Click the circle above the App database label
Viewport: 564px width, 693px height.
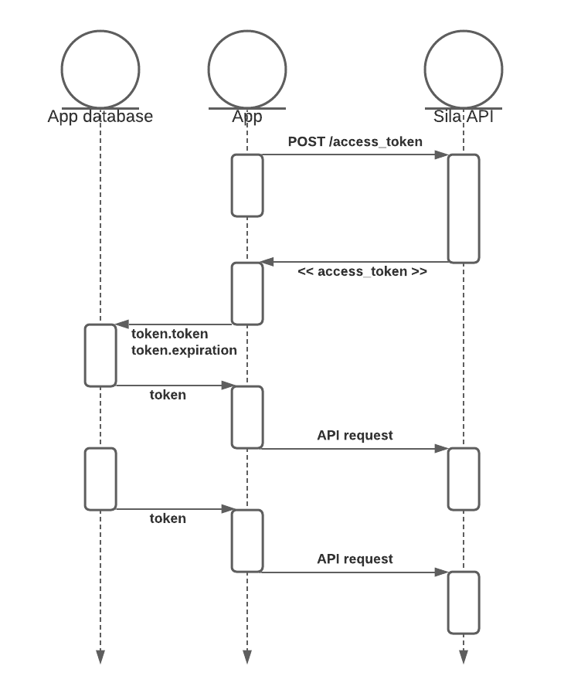coord(100,70)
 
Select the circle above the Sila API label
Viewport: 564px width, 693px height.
coord(464,70)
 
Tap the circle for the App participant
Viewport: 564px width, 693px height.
coord(247,70)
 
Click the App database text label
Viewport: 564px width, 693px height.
coord(100,117)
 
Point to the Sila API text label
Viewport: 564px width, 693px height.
coord(464,117)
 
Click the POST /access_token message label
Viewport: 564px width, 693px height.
coord(355,141)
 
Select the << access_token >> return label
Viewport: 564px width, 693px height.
coord(362,272)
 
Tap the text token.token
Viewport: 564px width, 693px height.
coord(169,334)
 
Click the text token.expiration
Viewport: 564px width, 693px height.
coord(184,350)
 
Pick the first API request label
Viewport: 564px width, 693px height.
coord(355,435)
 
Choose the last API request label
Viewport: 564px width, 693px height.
coord(355,559)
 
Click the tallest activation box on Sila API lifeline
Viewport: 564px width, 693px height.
coord(464,209)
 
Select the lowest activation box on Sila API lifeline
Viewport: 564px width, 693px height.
coord(464,603)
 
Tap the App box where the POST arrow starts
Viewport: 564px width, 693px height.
coord(247,185)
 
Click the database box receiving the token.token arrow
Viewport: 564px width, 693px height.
coord(100,355)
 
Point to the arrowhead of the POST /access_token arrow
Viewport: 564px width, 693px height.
coord(441,155)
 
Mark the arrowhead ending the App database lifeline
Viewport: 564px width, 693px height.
coord(100,657)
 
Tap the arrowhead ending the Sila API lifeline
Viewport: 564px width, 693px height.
coord(464,657)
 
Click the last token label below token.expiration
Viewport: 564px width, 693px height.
coord(168,518)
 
